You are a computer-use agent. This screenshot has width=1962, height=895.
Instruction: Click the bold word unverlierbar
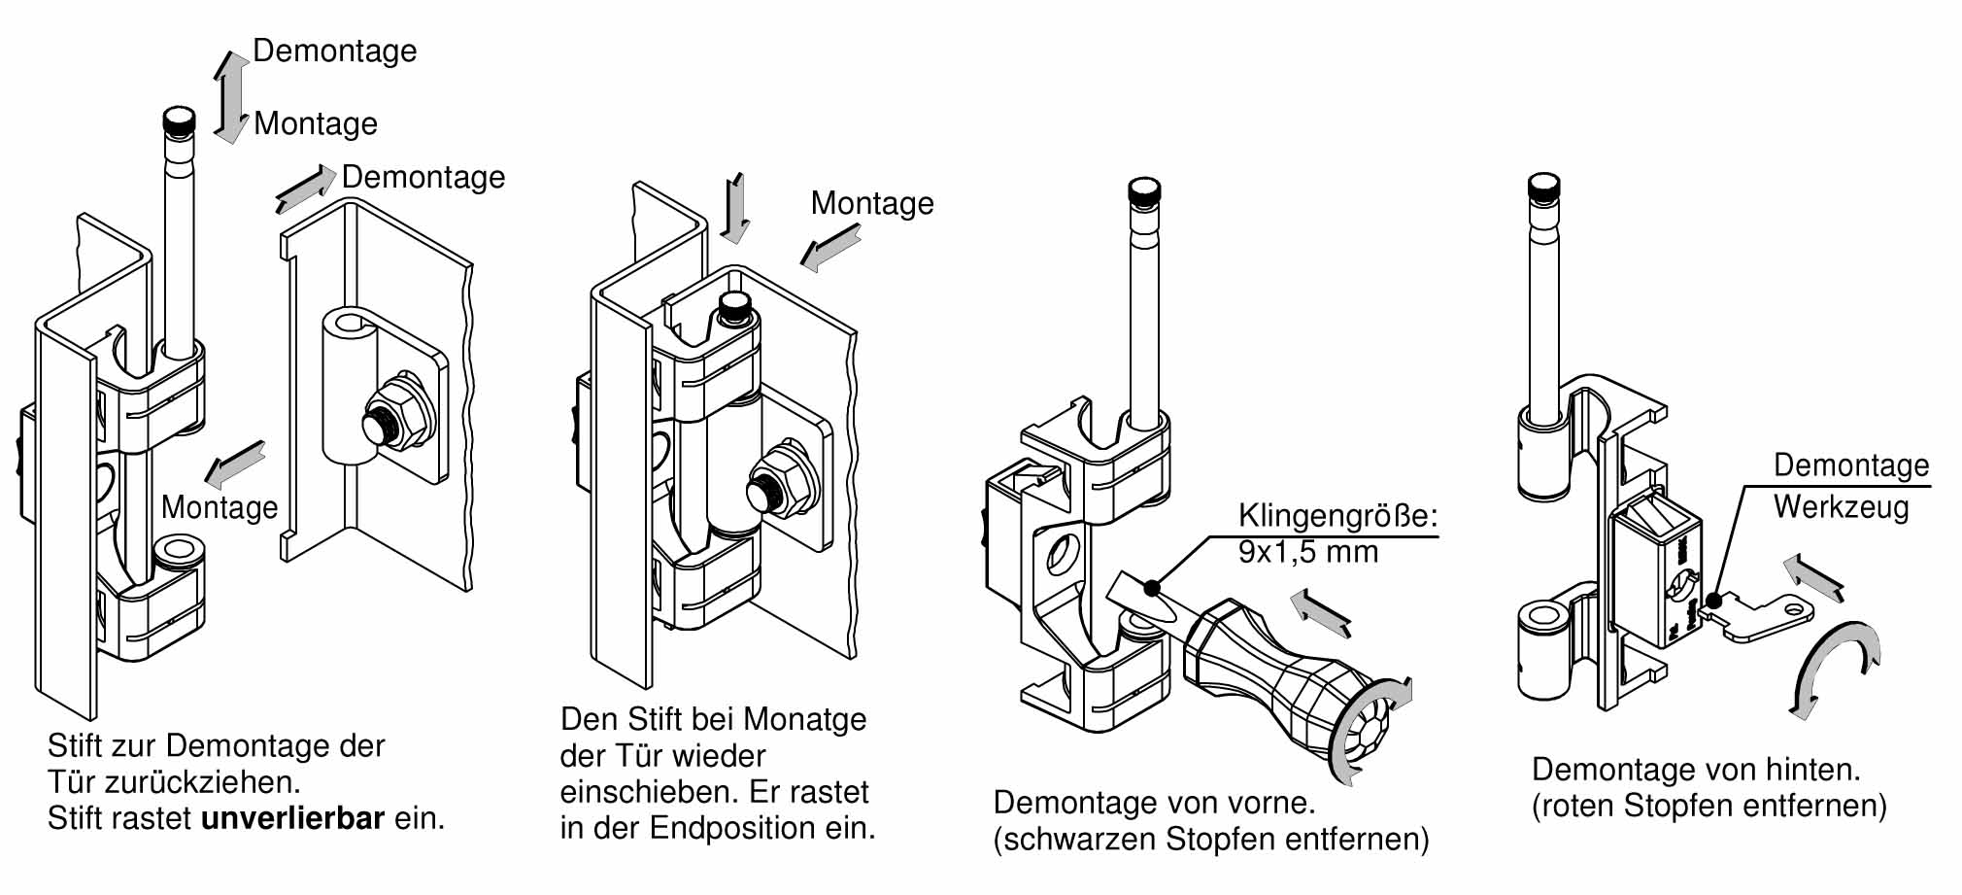tap(292, 818)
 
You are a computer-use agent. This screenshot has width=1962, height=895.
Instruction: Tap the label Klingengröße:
tap(1337, 515)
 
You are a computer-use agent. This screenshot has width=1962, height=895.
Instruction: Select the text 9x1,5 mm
tap(1307, 552)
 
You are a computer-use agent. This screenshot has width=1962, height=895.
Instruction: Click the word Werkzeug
tap(1841, 506)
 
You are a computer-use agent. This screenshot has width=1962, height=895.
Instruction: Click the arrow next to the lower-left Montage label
tap(235, 464)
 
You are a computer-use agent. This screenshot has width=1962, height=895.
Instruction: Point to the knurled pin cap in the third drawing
tap(1145, 191)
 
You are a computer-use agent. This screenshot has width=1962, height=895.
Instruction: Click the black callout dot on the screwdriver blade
tap(1151, 588)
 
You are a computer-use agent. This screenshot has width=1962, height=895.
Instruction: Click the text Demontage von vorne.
tap(1154, 803)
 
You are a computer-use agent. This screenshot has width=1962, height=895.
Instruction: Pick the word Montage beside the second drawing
tap(871, 203)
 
